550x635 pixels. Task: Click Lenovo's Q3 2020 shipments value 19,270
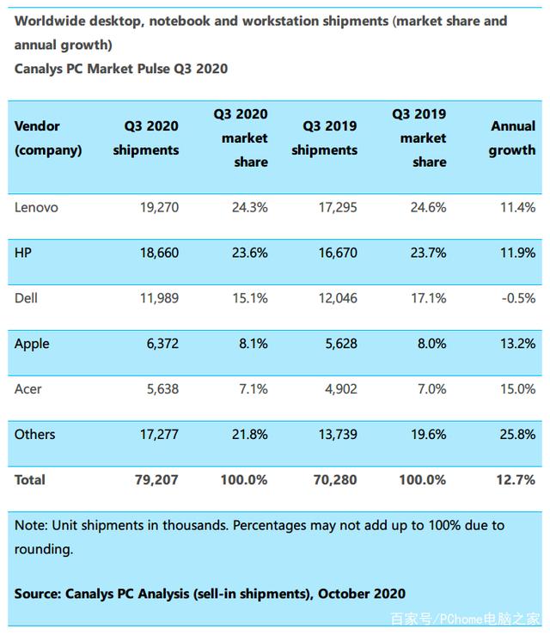pyautogui.click(x=159, y=207)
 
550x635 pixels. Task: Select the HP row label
pyautogui.click(x=22, y=253)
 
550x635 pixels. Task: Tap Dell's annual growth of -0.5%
pyautogui.click(x=518, y=298)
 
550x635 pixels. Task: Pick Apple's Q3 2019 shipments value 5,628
pyautogui.click(x=341, y=344)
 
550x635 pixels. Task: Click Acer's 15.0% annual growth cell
pyautogui.click(x=517, y=388)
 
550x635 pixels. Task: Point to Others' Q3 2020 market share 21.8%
pyautogui.click(x=249, y=434)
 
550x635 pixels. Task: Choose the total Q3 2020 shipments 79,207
pyautogui.click(x=156, y=479)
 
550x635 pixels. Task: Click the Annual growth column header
pyautogui.click(x=512, y=138)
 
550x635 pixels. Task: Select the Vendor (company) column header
pyautogui.click(x=48, y=138)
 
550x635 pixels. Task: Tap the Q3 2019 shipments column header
pyautogui.click(x=324, y=138)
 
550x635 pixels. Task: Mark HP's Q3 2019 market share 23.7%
pyautogui.click(x=428, y=253)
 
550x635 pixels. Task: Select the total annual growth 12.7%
pyautogui.click(x=516, y=479)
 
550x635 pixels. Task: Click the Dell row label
pyautogui.click(x=26, y=298)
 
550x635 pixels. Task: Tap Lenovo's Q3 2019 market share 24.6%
pyautogui.click(x=428, y=207)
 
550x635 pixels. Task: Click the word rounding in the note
pyautogui.click(x=44, y=549)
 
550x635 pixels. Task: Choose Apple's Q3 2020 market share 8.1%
pyautogui.click(x=254, y=344)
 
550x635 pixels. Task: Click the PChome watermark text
pyautogui.click(x=466, y=619)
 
